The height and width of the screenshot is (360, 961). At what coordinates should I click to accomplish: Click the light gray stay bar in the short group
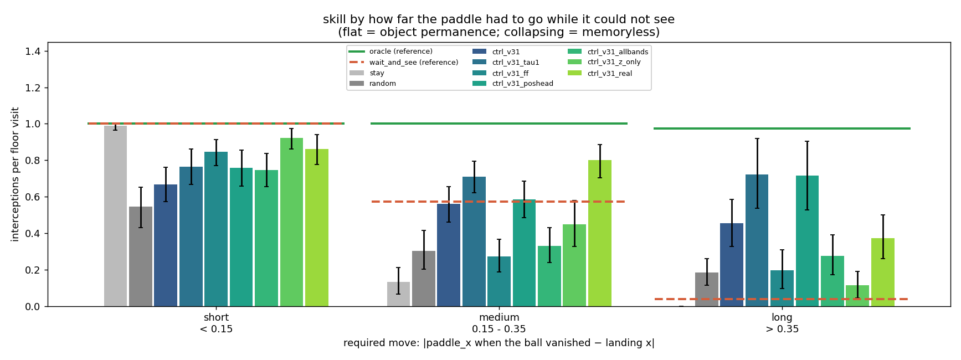point(115,216)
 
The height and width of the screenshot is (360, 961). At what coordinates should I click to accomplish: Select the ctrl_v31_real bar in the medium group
point(600,233)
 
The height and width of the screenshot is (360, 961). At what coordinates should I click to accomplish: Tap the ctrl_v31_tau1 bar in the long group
point(757,240)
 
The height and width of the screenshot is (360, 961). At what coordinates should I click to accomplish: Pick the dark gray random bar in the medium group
point(424,279)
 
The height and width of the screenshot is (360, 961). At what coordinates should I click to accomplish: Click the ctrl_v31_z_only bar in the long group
point(857,296)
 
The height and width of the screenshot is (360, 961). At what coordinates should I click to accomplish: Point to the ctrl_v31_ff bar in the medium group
point(499,281)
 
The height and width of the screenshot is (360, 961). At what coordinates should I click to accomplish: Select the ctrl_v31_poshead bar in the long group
point(807,241)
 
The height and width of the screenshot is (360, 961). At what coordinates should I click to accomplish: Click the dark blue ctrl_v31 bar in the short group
point(166,245)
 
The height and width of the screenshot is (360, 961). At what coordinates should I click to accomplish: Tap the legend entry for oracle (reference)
point(390,52)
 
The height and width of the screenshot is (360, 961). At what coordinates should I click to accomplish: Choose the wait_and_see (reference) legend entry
point(404,63)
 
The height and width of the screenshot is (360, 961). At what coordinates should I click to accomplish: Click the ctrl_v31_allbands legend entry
point(608,52)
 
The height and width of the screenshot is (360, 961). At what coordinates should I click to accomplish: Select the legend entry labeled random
point(373,84)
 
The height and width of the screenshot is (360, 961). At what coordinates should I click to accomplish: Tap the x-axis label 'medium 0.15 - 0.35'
point(499,323)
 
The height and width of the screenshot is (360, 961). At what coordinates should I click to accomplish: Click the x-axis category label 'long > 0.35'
point(782,323)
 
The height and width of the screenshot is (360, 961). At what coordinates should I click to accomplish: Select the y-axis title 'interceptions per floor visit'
point(16,174)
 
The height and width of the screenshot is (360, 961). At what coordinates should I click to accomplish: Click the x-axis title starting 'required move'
point(499,343)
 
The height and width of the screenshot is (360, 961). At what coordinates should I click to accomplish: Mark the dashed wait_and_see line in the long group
point(782,299)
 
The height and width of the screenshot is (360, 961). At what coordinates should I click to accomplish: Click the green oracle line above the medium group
point(499,124)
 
